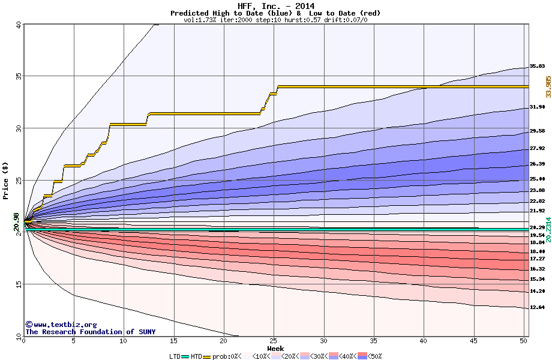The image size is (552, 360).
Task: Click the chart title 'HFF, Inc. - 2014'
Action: [275, 6]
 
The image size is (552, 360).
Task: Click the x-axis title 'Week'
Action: [275, 349]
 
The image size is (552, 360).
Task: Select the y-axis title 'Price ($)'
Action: [6, 181]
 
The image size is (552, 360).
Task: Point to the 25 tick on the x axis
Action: [274, 341]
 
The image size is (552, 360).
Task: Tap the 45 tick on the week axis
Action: [474, 341]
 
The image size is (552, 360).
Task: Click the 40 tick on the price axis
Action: [18, 25]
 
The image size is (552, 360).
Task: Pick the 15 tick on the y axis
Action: [18, 285]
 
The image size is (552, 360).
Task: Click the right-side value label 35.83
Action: [537, 66]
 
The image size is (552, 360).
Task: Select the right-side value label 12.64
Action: [537, 307]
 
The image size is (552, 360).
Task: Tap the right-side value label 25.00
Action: [537, 179]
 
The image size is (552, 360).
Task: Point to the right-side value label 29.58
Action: [537, 131]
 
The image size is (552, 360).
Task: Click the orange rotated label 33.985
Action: [548, 86]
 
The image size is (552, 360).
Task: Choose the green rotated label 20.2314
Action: [548, 229]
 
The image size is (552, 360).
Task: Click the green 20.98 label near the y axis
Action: [16, 221]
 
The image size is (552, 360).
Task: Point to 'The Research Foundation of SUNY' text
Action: [91, 332]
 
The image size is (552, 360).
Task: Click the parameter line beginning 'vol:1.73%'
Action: [275, 20]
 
